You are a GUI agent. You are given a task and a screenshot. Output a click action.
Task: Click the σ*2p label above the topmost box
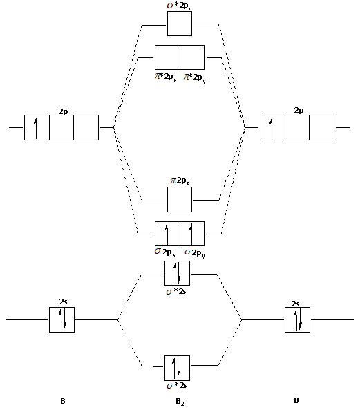click(x=179, y=6)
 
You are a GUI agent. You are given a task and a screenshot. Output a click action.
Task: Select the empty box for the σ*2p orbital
click(x=180, y=24)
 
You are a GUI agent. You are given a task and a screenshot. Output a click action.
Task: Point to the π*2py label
click(x=195, y=77)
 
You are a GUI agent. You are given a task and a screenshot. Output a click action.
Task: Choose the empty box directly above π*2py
click(x=192, y=57)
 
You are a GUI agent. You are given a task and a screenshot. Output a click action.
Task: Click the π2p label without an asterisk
click(x=180, y=180)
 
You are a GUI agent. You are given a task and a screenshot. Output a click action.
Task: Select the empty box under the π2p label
click(x=180, y=199)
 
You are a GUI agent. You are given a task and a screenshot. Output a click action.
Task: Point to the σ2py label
click(x=195, y=252)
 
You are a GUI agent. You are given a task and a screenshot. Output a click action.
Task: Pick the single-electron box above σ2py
click(x=192, y=234)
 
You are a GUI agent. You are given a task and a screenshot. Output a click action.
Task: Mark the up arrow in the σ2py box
click(x=191, y=234)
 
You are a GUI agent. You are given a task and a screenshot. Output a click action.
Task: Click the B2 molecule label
click(x=180, y=401)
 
